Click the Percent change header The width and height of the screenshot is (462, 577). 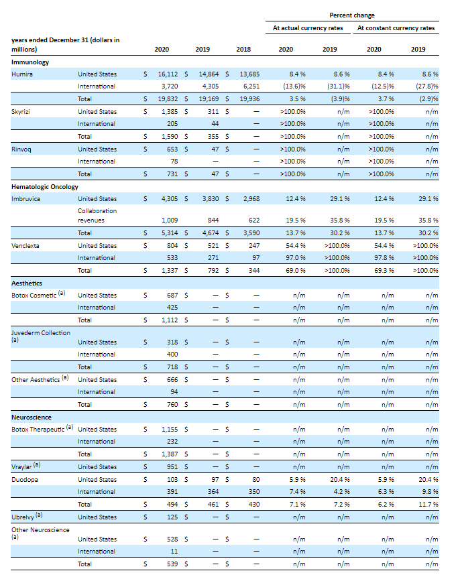point(352,15)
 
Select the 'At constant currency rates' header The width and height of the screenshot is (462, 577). point(396,28)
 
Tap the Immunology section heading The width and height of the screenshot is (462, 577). point(30,62)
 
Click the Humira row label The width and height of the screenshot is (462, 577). point(23,74)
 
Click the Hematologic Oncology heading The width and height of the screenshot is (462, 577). point(45,186)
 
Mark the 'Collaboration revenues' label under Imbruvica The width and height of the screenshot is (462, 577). point(97,215)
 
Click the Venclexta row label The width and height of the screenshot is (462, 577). point(25,245)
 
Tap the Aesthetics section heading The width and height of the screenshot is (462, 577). point(27,283)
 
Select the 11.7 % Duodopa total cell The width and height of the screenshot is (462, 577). point(428,504)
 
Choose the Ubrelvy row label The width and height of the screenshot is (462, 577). point(24,517)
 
